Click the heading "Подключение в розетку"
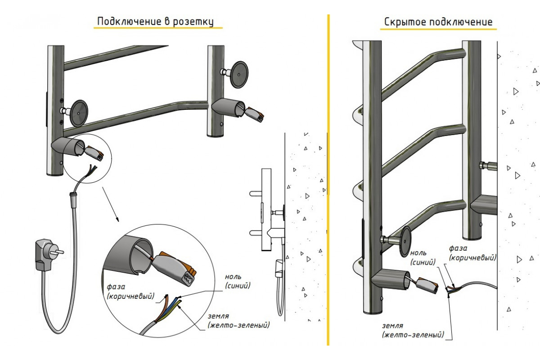[156, 22]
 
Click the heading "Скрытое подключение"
[438, 22]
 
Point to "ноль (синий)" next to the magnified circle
[237, 281]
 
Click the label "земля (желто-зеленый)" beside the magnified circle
[238, 320]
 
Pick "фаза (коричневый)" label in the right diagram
[472, 253]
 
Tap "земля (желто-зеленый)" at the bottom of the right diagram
[412, 330]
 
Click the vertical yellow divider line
[328, 180]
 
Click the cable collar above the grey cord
[72, 195]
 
